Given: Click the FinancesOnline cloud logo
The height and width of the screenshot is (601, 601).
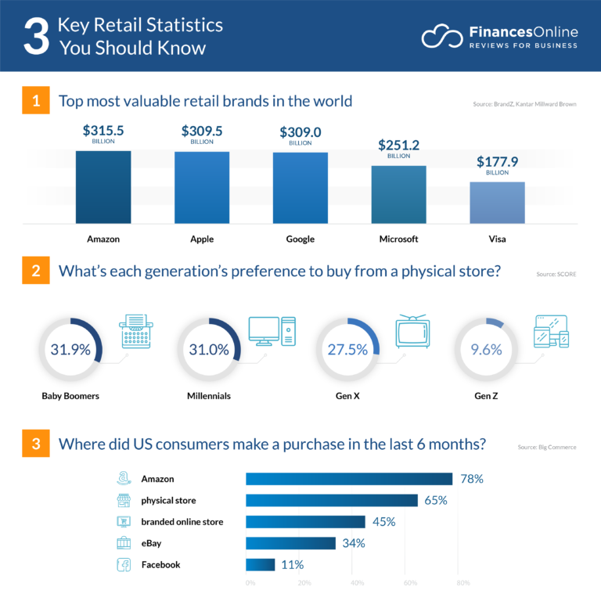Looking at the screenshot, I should [x=441, y=36].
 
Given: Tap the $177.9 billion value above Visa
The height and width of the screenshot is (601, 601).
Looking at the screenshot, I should [x=497, y=163].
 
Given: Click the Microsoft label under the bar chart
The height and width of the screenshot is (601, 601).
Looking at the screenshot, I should [x=398, y=239].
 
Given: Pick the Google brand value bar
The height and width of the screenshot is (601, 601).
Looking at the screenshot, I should [x=300, y=187].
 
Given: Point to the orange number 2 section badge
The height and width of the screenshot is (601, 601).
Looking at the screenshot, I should [x=36, y=272].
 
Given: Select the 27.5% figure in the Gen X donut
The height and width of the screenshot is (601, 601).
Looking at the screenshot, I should [x=347, y=350].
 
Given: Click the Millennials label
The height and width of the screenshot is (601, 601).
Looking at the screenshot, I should [x=209, y=396].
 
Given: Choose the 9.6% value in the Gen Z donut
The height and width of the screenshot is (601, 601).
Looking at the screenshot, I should [x=487, y=350].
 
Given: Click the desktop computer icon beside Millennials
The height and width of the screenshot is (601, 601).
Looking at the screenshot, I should [x=272, y=332].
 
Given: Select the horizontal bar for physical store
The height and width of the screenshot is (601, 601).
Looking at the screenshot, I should [x=332, y=500].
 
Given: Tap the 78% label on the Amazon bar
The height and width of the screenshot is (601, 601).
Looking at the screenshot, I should [x=471, y=479].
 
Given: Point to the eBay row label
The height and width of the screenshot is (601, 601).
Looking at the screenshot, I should [x=153, y=543].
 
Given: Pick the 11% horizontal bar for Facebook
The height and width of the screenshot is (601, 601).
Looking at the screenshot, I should [x=261, y=564].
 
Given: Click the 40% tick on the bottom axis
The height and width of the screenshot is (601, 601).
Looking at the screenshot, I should [x=357, y=583].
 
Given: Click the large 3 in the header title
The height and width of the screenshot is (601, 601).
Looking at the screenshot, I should [x=35, y=37].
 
